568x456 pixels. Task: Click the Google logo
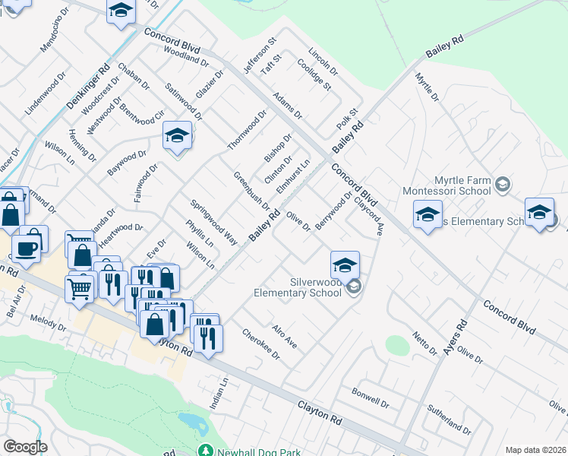[25, 447]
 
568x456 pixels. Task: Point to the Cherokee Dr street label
[260, 345]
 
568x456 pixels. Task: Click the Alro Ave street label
[285, 337]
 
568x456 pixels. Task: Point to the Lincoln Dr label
[322, 62]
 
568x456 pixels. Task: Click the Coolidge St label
[318, 76]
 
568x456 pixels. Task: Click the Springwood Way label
[213, 221]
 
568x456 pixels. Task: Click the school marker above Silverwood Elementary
[345, 265]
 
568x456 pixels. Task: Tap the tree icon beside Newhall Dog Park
[205, 451]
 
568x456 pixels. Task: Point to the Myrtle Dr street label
[427, 87]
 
